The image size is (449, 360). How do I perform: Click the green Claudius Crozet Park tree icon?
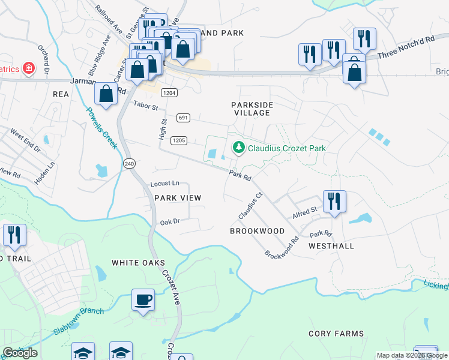click(x=238, y=147)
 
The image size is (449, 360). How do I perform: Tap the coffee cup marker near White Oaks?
click(x=143, y=299)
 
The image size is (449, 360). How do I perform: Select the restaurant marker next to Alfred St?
click(x=334, y=201)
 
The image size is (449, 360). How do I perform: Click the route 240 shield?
click(x=130, y=163)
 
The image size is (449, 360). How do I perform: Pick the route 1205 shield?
click(x=179, y=140)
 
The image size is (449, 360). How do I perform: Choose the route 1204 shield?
click(x=169, y=92)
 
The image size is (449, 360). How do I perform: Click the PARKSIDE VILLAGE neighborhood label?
click(x=253, y=109)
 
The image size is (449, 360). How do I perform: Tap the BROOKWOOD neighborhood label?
click(x=257, y=231)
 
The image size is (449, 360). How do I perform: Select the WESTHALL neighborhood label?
click(x=331, y=246)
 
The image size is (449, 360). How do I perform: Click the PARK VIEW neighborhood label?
click(x=178, y=198)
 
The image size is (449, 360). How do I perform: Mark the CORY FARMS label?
click(x=336, y=334)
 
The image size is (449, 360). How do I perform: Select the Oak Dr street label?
click(x=170, y=222)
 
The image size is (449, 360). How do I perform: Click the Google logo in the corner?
click(x=20, y=353)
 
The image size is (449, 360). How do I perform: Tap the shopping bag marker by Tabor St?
click(x=106, y=94)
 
